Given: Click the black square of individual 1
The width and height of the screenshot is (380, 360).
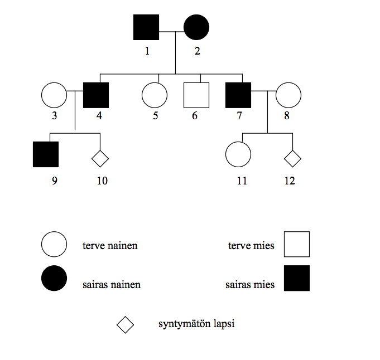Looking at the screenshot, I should pos(146,28).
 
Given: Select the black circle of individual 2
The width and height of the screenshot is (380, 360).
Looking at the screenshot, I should pos(196,28).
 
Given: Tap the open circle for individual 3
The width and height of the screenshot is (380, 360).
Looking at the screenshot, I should pos(54,95).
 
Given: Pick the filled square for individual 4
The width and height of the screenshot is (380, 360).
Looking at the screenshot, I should pos(96,95).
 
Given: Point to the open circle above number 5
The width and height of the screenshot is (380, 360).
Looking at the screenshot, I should pos(155,95).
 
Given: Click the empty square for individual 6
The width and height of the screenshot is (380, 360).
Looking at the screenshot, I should pos(196,95).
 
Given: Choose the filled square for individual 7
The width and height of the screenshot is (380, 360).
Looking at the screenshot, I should pos(238,95).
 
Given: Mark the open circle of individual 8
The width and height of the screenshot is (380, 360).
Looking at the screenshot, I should pos(288,95).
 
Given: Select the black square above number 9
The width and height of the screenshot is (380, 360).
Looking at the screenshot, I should pos(46,154).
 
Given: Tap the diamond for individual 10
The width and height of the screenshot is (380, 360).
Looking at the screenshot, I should pos(100,159).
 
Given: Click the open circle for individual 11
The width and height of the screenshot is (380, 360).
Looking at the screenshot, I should pos(238,154).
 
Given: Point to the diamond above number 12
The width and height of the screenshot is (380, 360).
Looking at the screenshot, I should pos(292,159).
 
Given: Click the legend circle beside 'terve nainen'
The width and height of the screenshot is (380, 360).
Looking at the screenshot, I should pos(54,244).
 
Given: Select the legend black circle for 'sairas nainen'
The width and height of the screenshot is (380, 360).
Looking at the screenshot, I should pos(54,278).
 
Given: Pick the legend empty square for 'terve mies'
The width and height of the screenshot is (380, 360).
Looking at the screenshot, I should pos(297,244).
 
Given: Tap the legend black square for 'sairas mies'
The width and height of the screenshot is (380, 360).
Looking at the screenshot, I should pos(297,278).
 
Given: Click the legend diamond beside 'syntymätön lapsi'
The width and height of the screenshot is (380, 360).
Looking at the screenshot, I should pos(125,324).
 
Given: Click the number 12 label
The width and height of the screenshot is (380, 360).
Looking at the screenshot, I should pos(289,181).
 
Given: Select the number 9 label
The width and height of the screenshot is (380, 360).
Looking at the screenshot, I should pos(54,181).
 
